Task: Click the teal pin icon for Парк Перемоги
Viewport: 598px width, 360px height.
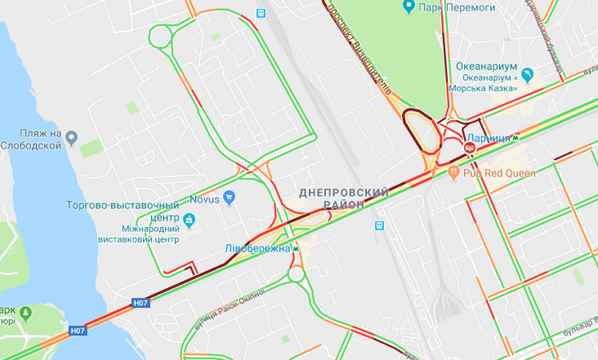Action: click(x=409, y=7)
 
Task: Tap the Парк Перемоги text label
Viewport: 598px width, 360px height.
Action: click(x=448, y=8)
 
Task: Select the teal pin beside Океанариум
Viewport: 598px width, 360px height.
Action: click(x=527, y=75)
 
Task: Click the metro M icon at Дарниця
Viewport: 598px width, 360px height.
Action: click(x=515, y=138)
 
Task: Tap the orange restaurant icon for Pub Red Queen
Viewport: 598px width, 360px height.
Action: click(x=454, y=173)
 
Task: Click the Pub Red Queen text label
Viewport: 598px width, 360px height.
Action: click(x=499, y=173)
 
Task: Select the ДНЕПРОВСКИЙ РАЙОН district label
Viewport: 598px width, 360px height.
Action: click(x=344, y=198)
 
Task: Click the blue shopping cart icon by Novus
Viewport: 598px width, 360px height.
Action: click(x=228, y=197)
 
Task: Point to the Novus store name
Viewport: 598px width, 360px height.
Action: click(x=205, y=199)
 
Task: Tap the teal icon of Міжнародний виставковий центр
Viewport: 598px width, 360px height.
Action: click(x=190, y=219)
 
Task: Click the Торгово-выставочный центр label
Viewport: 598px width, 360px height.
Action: click(x=123, y=211)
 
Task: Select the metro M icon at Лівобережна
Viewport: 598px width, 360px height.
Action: click(x=295, y=248)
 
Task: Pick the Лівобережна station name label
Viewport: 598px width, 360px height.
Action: click(x=257, y=248)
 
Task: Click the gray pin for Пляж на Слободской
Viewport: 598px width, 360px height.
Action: click(x=72, y=139)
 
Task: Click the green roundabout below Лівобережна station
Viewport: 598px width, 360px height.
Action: click(x=296, y=274)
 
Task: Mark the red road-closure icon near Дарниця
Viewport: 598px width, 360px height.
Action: click(x=469, y=147)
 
